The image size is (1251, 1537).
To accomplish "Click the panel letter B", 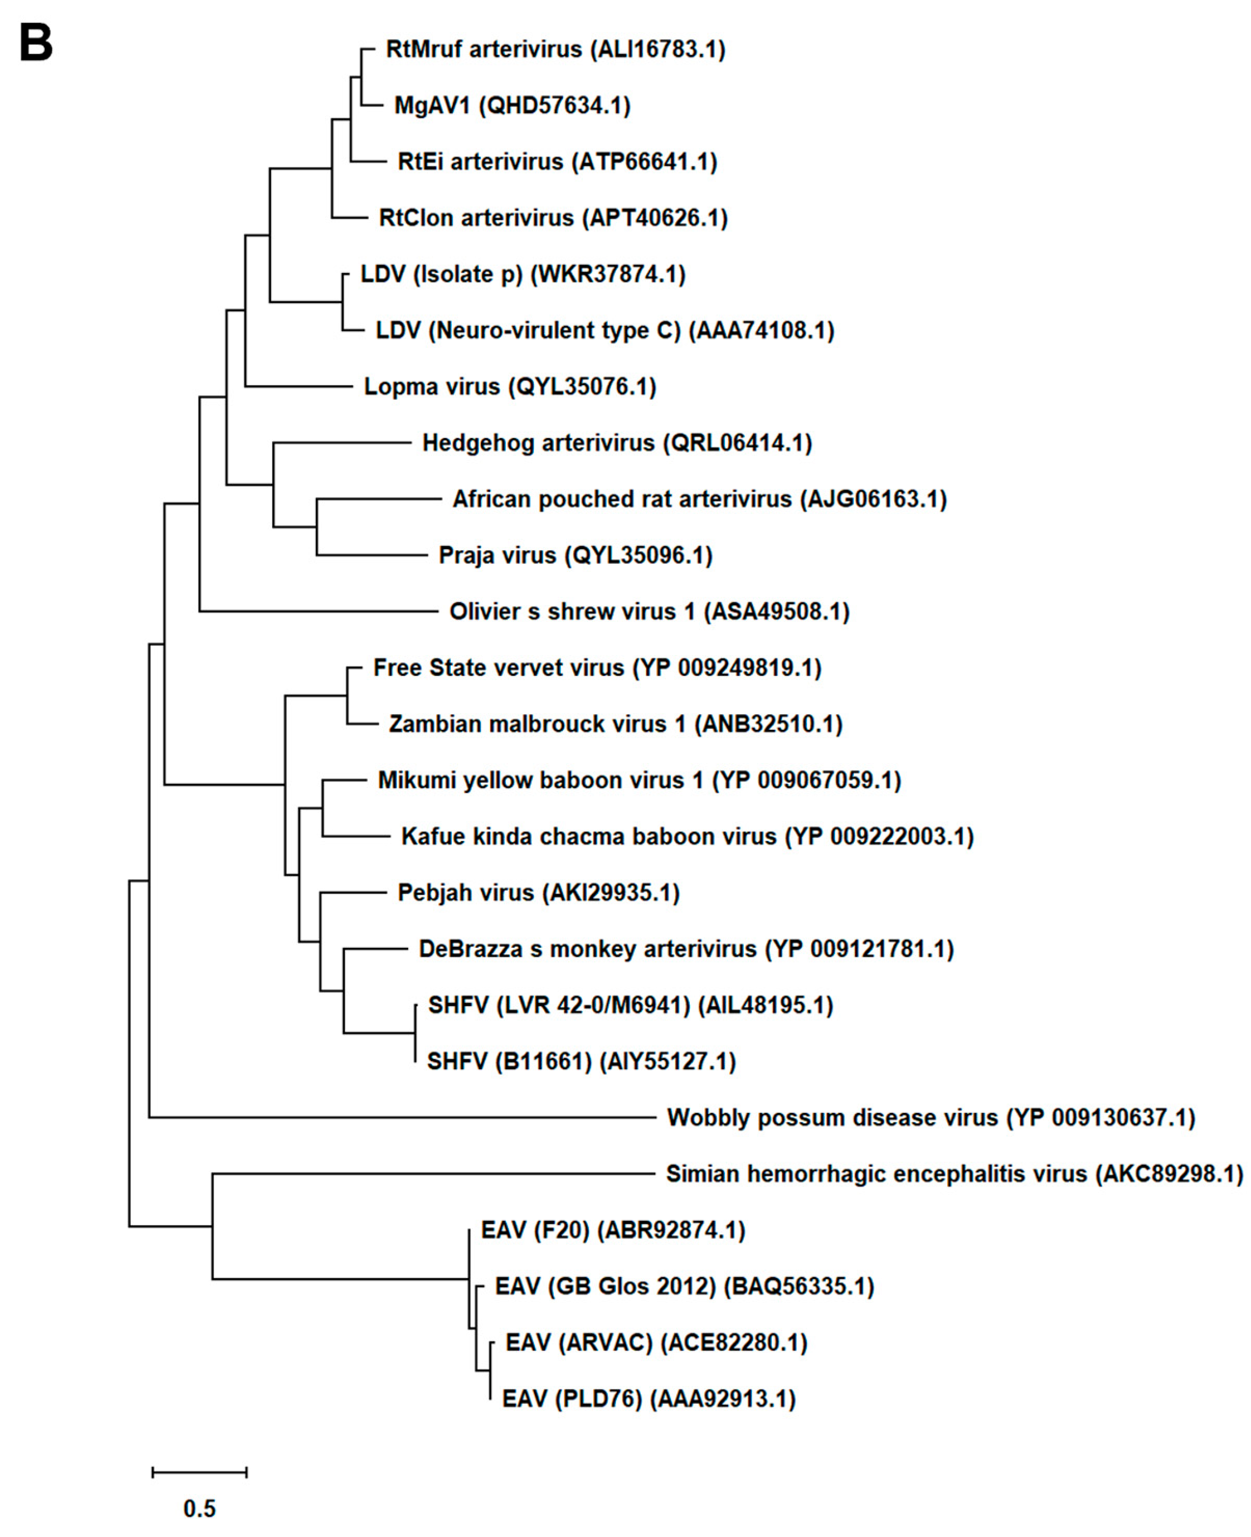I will (35, 43).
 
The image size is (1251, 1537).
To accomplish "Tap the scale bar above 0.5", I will (199, 1472).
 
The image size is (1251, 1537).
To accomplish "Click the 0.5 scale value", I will (199, 1508).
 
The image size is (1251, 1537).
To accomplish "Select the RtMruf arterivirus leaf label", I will (555, 49).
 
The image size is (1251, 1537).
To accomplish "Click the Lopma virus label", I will (509, 387).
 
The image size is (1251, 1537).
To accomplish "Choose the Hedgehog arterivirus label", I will (617, 443).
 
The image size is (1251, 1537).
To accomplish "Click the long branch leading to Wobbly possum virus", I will (403, 1118).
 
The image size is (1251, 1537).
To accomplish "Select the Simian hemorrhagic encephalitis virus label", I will (953, 1174).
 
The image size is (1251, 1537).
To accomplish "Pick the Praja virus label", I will (575, 555).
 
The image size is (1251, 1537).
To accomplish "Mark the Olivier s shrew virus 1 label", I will (649, 611).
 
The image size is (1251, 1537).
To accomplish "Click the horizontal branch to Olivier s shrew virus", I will (317, 611).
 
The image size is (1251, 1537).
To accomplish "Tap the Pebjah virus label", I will (539, 893).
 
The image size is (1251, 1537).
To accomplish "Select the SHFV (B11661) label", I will (581, 1062).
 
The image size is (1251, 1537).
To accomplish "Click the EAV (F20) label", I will (613, 1230).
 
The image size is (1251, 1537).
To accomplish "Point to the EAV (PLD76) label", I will (648, 1399).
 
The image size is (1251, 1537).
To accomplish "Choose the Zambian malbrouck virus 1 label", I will (615, 724).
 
